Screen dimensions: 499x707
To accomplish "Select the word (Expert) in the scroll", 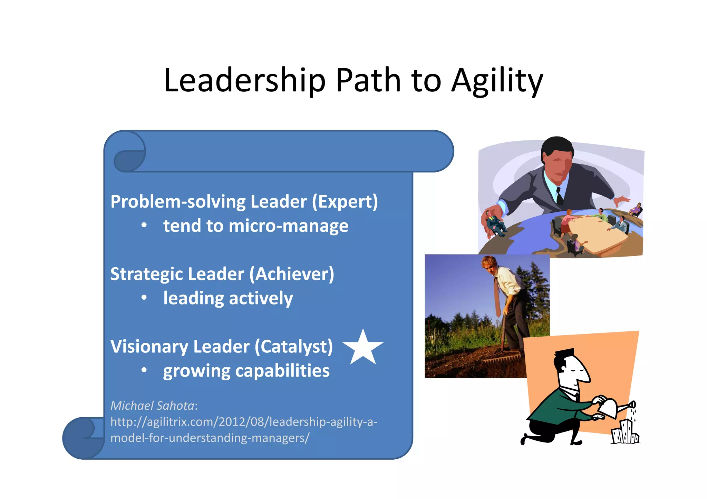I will pyautogui.click(x=345, y=202).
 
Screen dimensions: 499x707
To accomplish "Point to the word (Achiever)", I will pyautogui.click(x=292, y=275).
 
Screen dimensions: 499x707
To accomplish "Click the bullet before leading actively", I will pyautogui.click(x=144, y=298).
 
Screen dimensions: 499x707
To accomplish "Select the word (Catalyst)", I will pyautogui.click(x=294, y=347).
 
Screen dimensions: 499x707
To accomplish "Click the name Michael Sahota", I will pyautogui.click(x=152, y=406).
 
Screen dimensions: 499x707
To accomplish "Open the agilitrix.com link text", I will pyautogui.click(x=244, y=422).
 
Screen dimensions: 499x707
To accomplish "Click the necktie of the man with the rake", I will pyautogui.click(x=497, y=297).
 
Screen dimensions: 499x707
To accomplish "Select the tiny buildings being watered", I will pyautogui.click(x=625, y=433).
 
